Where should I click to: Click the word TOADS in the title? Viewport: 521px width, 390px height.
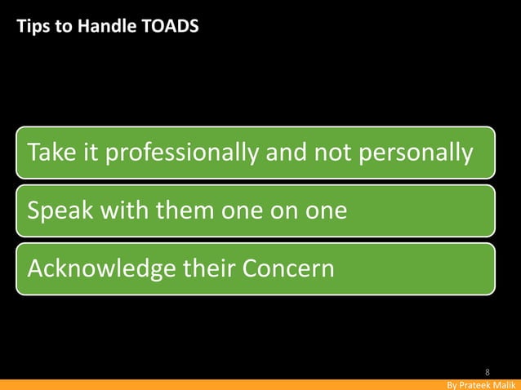170,27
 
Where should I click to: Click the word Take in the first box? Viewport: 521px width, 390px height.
51,152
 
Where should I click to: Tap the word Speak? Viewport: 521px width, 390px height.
58,211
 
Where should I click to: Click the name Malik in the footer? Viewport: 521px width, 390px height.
505,384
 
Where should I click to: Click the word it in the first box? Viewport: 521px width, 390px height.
88,152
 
